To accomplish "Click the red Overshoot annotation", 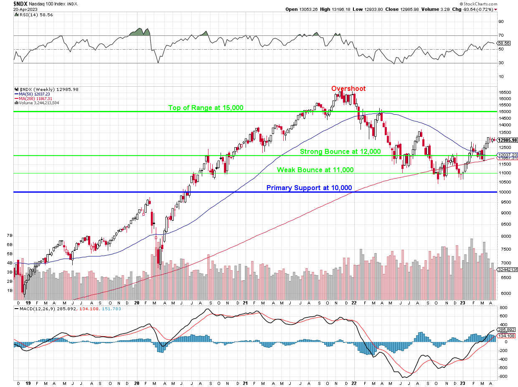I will (x=348, y=89).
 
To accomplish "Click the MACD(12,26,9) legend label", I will (x=42, y=309).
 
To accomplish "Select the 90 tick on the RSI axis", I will (x=500, y=22).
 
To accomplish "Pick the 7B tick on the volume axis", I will (x=10, y=236).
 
